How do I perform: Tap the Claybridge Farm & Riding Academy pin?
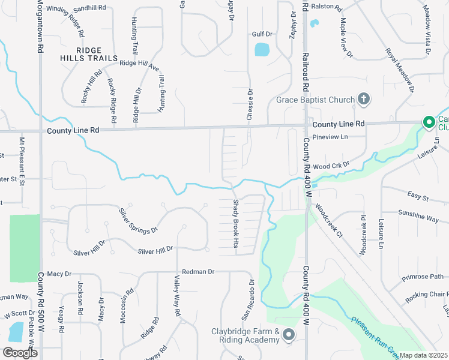[289, 335]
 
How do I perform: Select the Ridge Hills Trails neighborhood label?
[88, 54]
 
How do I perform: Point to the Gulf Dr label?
[262, 35]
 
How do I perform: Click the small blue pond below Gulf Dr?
[262, 49]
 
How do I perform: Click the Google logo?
[20, 353]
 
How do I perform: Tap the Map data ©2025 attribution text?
[424, 355]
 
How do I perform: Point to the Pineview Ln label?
[330, 137]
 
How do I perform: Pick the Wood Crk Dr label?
[331, 165]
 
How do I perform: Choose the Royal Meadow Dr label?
[400, 70]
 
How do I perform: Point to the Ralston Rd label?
[327, 8]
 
